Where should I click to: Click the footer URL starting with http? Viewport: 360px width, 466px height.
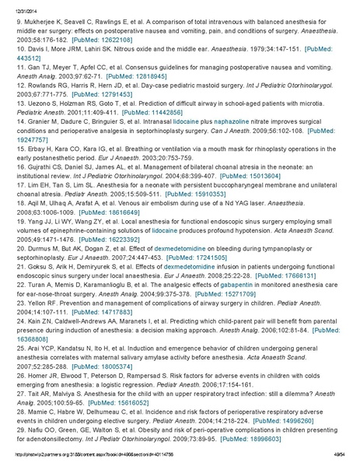click(94, 460)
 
